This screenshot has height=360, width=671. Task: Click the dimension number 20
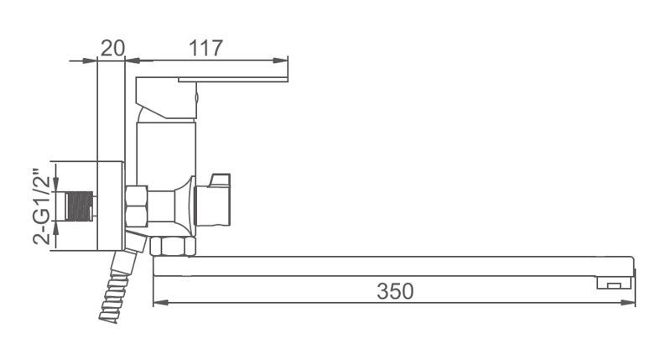tap(112, 48)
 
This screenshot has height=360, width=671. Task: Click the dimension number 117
tap(205, 48)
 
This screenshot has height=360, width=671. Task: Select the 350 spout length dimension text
tap(394, 291)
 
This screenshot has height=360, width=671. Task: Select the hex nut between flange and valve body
tap(137, 206)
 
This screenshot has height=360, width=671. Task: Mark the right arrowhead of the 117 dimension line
tap(282, 60)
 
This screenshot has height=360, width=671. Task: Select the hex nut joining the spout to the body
tap(172, 246)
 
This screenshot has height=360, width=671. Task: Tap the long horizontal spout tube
tap(377, 266)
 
